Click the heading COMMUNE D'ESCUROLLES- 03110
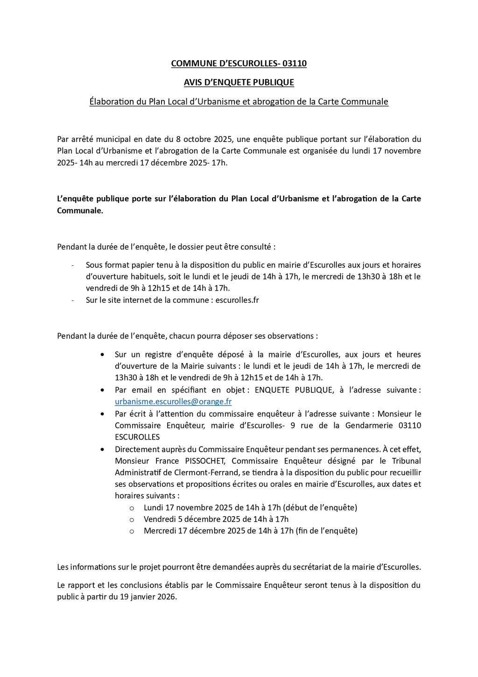pyautogui.click(x=239, y=64)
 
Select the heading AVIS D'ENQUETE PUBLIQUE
pyautogui.click(x=239, y=83)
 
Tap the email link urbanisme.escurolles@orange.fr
pyautogui.click(x=173, y=401)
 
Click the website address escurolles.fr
pyautogui.click(x=237, y=300)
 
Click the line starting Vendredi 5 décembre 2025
pyautogui.click(x=216, y=519)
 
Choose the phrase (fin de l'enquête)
pyautogui.click(x=326, y=531)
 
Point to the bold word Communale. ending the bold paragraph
pyautogui.click(x=80, y=210)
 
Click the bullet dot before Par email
pyautogui.click(x=103, y=389)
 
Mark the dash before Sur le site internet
pyautogui.click(x=73, y=300)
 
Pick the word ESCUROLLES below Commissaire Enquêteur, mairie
pyautogui.click(x=137, y=437)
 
